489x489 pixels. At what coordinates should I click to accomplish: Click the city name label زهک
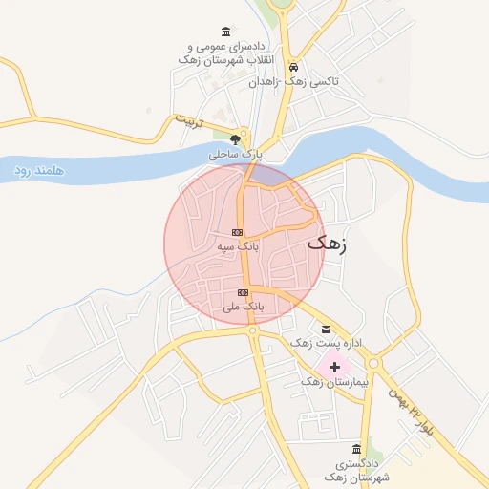329,244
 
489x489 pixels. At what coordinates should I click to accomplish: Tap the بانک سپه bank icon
238,232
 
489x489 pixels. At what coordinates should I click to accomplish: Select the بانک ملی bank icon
244,292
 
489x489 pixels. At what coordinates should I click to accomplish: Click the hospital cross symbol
334,366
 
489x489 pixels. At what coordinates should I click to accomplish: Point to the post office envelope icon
326,329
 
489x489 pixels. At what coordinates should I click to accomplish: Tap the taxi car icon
295,68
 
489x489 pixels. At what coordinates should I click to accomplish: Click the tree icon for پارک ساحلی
235,139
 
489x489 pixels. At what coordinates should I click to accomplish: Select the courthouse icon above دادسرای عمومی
225,32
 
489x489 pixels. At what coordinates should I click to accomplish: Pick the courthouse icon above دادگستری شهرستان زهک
356,449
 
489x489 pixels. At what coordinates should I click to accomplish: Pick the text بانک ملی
243,307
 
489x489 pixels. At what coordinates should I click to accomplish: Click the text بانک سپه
237,246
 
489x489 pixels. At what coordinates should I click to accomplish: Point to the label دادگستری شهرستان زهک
356,469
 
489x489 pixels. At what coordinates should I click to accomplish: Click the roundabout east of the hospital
373,363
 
